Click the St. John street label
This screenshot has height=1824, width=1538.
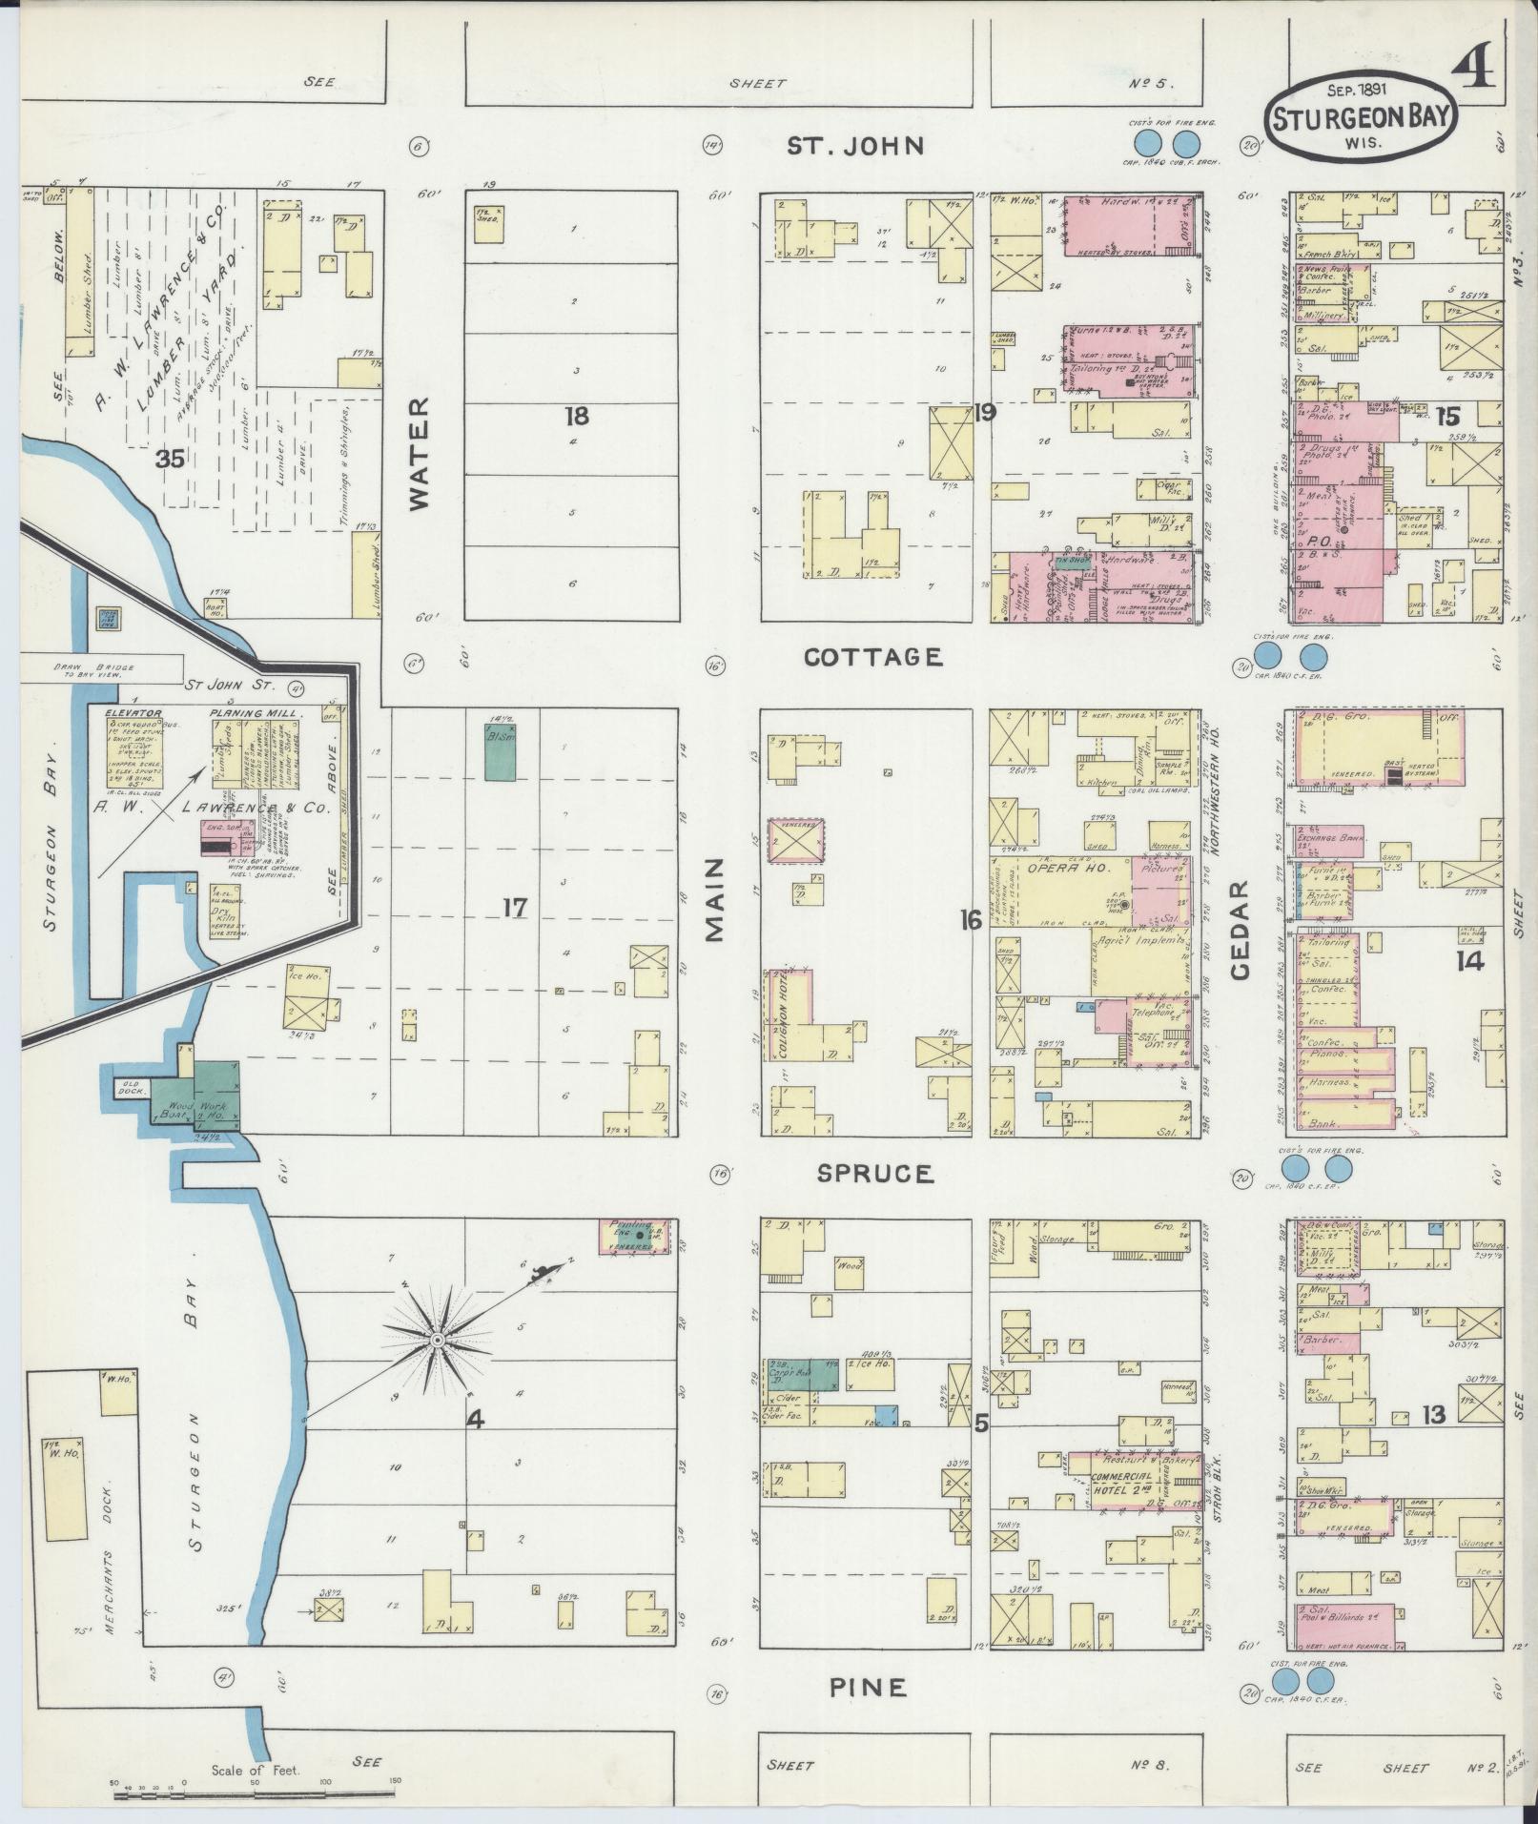(854, 146)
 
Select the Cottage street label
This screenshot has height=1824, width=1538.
(873, 657)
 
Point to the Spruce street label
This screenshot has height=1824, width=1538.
(875, 1174)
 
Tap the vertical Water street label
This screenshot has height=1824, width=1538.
(420, 455)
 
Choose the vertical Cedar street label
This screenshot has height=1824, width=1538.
(1239, 930)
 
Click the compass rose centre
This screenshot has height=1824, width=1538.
(436, 1340)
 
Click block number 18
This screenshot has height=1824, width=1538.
(576, 416)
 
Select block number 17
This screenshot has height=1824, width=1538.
(515, 908)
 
